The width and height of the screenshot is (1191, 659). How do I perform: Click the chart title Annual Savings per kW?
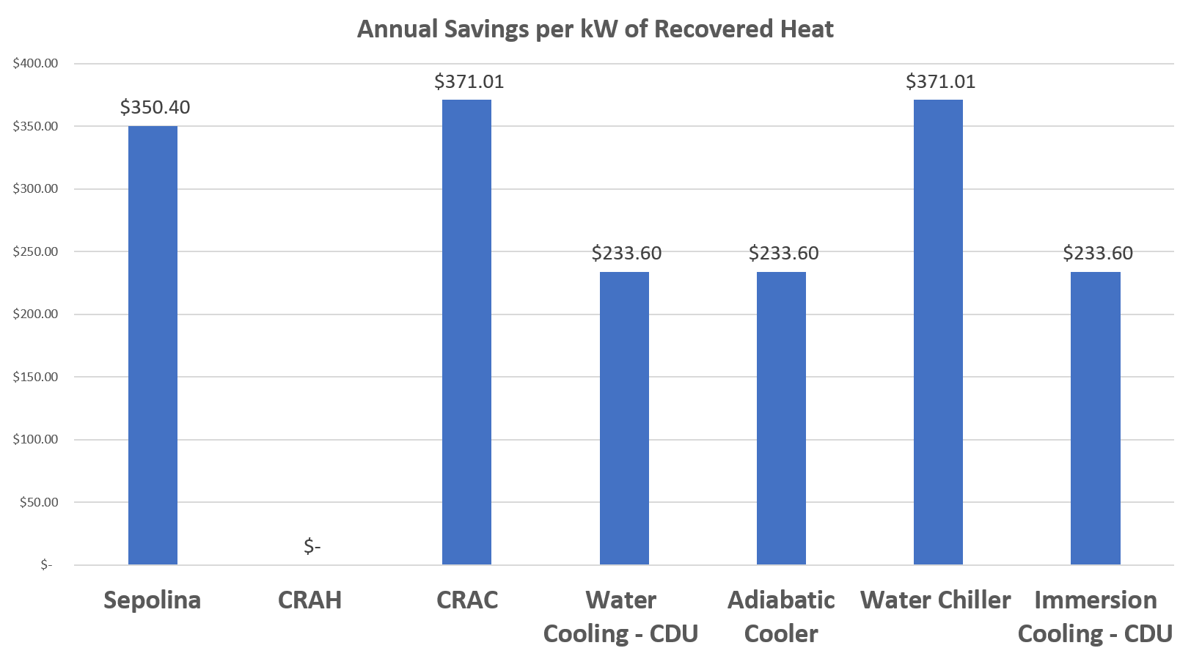click(x=595, y=29)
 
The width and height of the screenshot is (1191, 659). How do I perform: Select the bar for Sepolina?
click(x=153, y=345)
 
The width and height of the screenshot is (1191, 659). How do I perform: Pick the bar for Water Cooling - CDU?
click(x=624, y=419)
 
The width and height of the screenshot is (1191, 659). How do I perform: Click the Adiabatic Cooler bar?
click(x=781, y=419)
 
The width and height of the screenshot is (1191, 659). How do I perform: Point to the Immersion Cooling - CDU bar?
click(x=1095, y=419)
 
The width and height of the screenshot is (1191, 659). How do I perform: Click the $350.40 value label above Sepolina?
click(x=155, y=108)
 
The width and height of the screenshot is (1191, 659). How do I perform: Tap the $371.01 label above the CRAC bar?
click(x=469, y=81)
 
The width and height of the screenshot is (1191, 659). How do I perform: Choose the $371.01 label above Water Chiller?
click(x=940, y=81)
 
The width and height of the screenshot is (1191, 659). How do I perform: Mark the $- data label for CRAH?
click(x=312, y=546)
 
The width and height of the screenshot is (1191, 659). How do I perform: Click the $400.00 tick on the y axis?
click(x=35, y=64)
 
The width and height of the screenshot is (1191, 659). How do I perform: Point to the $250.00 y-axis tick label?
click(x=35, y=251)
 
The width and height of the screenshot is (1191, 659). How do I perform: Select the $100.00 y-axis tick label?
click(x=35, y=440)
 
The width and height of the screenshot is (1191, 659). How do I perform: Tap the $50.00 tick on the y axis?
click(x=38, y=502)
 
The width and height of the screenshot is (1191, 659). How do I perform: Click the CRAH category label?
click(x=309, y=600)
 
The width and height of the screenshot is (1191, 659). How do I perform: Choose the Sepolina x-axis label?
click(x=152, y=600)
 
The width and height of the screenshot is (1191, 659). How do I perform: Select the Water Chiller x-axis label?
click(x=935, y=600)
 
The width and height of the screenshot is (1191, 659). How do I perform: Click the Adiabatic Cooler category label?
click(x=781, y=616)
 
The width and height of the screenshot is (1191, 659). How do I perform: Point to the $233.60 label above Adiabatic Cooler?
click(x=783, y=254)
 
